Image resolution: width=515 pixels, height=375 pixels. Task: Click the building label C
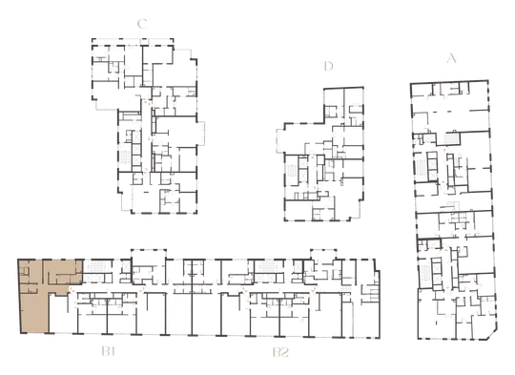pos(142,24)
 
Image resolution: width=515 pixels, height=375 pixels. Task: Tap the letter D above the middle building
pos(328,66)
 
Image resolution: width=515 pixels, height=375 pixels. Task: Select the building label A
pos(452,58)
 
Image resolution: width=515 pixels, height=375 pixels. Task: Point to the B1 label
pos(108,352)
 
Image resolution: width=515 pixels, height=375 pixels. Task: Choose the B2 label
pos(280,352)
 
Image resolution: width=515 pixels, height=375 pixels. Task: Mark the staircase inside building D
pos(291,172)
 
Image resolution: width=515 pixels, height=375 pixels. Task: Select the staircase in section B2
pos(268,266)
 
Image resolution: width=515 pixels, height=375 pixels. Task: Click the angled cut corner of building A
pos(491,334)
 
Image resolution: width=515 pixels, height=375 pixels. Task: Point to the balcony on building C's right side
pos(200,133)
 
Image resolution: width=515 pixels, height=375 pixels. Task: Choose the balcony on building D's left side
pos(280,141)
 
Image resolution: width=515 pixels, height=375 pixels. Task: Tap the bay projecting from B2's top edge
pos(323,254)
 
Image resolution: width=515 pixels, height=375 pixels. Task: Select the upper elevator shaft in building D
pos(302,163)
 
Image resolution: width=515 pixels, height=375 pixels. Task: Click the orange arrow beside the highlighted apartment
pos(71,289)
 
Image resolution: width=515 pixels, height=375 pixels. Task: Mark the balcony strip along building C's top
pos(133,42)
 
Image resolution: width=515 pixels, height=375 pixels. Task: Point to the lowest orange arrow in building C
pos(146,170)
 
